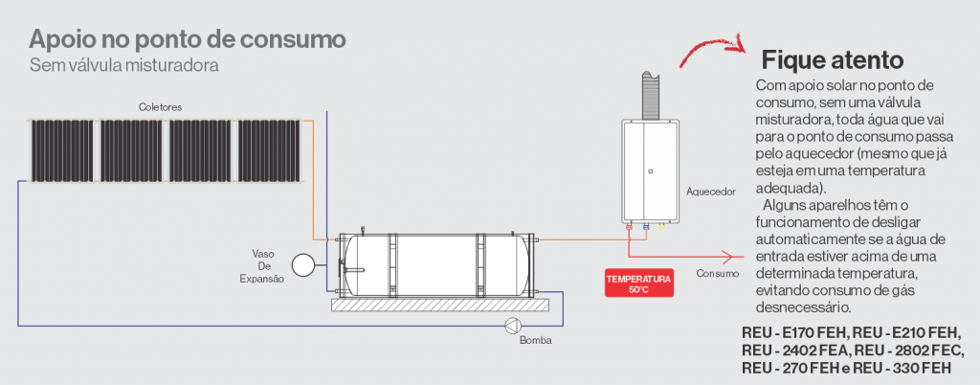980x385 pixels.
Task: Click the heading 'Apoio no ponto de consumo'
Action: coord(187,40)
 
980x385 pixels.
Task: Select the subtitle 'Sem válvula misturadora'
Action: coord(124,66)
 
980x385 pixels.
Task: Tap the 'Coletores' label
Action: coord(160,106)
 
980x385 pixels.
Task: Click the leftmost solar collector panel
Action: coord(63,151)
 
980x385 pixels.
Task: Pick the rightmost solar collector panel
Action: coord(270,151)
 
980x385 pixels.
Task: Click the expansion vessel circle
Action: coord(303,263)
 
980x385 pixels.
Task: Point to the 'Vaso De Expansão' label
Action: coord(263,265)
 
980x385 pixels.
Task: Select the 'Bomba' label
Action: coord(534,341)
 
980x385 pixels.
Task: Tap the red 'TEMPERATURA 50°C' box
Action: coord(638,283)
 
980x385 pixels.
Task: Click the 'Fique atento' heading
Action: coord(831,59)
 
